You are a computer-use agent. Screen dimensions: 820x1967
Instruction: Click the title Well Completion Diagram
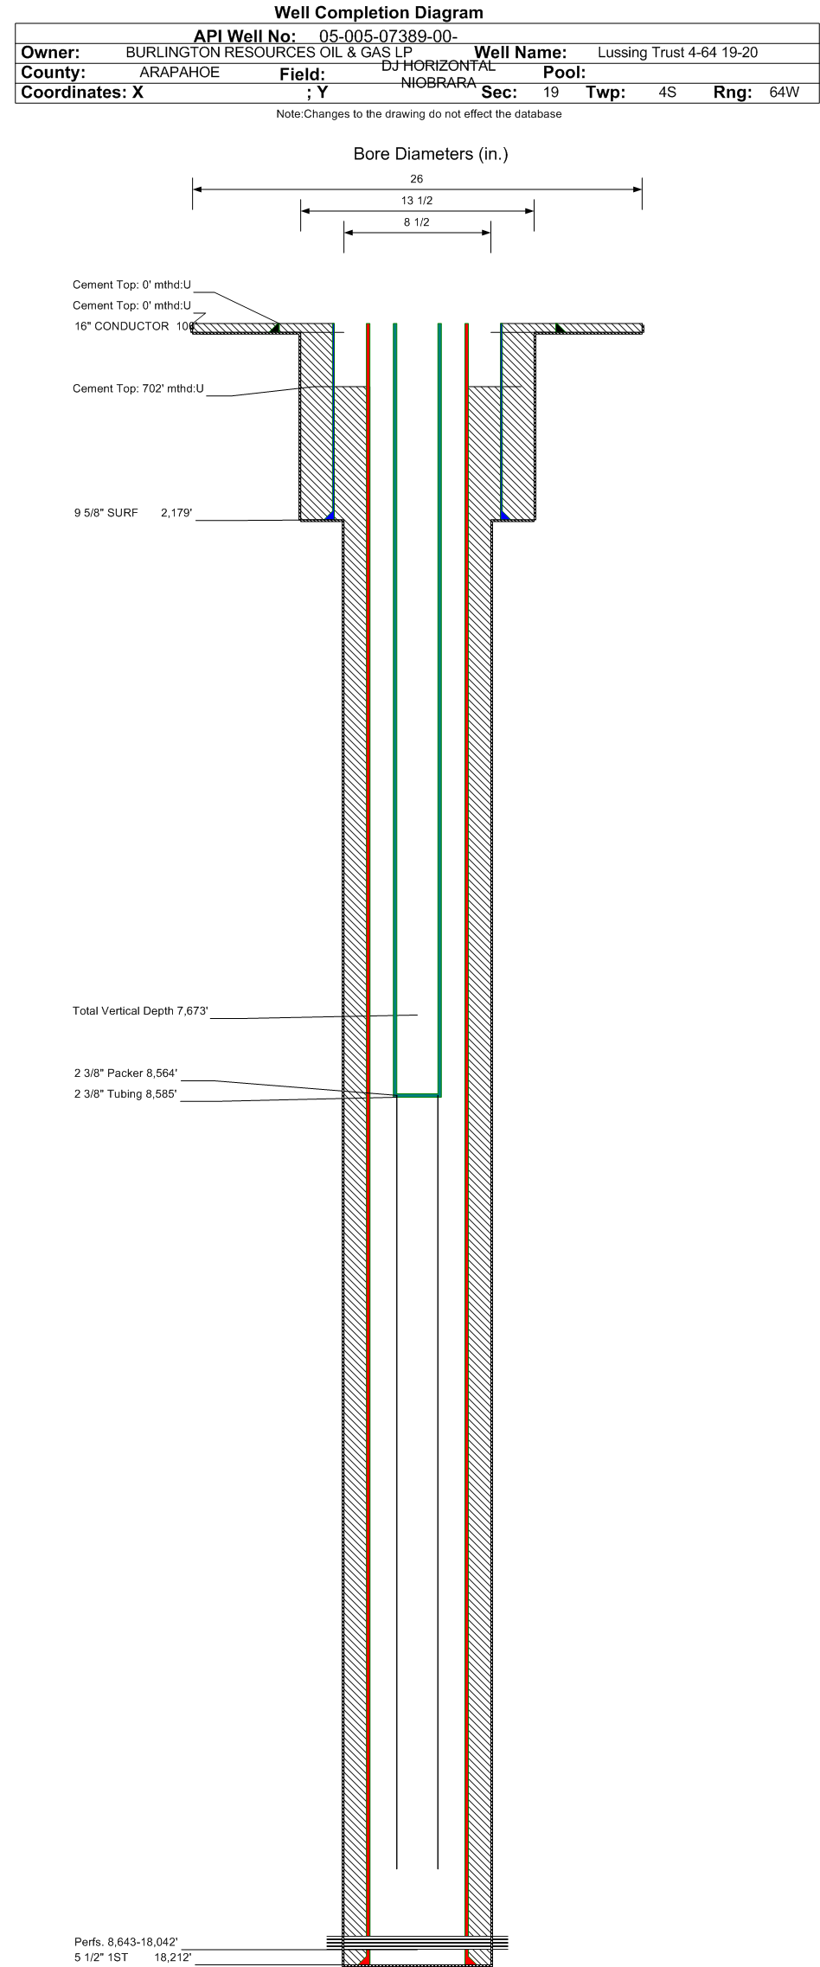[x=378, y=12]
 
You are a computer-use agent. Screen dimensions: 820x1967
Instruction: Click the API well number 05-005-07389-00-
[x=388, y=35]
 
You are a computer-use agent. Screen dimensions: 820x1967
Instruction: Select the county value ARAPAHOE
[x=179, y=73]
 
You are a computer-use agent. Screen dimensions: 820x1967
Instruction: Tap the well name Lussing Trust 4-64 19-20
[x=677, y=53]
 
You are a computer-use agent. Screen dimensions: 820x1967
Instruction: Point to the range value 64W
[x=784, y=92]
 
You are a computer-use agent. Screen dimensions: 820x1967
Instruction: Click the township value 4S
[x=667, y=92]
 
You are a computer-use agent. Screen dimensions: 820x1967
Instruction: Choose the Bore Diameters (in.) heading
[x=431, y=154]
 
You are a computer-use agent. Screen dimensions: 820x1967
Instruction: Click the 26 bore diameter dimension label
[x=417, y=179]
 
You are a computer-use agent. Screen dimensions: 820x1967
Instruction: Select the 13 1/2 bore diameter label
[x=417, y=201]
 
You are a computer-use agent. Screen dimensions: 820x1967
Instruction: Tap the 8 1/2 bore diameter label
[x=417, y=222]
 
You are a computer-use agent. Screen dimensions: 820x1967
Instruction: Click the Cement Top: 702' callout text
[x=138, y=388]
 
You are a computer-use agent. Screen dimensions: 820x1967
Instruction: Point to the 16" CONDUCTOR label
[x=122, y=326]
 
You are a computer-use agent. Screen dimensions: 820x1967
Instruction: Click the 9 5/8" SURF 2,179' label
[x=132, y=513]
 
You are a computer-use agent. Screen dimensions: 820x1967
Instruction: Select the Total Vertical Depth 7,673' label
[x=140, y=1011]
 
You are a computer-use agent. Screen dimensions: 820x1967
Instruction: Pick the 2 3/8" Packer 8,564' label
[x=125, y=1073]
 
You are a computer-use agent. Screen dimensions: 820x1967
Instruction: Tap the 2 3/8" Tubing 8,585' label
[x=125, y=1094]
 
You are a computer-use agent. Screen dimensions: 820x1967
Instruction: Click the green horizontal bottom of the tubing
[x=418, y=1095]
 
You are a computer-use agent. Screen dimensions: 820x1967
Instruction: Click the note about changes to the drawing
[x=419, y=114]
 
